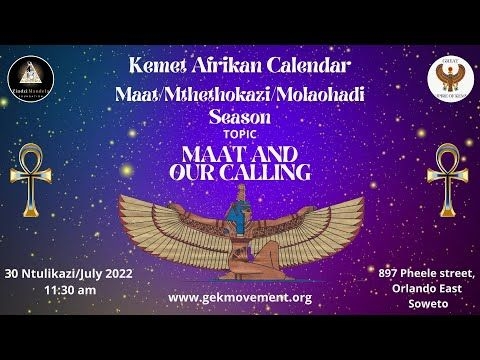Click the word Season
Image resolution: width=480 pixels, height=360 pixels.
(240, 116)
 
